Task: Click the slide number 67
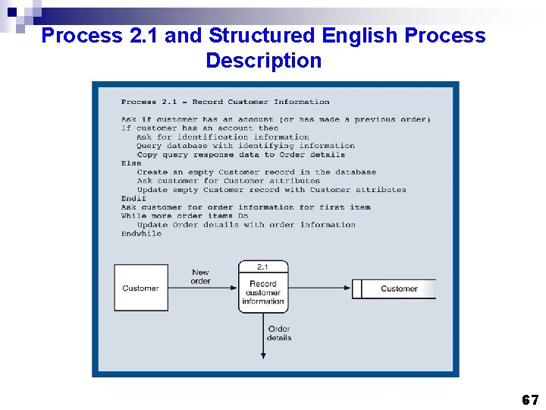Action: [x=530, y=400]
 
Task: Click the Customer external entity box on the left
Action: [x=140, y=288]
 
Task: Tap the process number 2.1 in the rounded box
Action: [x=263, y=266]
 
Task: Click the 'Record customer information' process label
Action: [x=263, y=292]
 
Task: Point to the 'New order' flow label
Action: [x=200, y=276]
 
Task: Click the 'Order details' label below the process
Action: [x=279, y=333]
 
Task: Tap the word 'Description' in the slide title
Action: [x=263, y=61]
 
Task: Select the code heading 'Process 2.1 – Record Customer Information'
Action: [x=225, y=102]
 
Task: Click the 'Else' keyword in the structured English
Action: [x=130, y=163]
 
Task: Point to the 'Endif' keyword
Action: [x=133, y=198]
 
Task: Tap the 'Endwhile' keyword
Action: [x=141, y=234]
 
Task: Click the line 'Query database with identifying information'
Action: [x=246, y=146]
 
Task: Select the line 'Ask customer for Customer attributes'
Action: [x=228, y=181]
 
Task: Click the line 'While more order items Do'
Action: [x=184, y=216]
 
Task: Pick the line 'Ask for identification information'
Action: [x=223, y=137]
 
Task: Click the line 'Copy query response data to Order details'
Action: [x=240, y=154]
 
